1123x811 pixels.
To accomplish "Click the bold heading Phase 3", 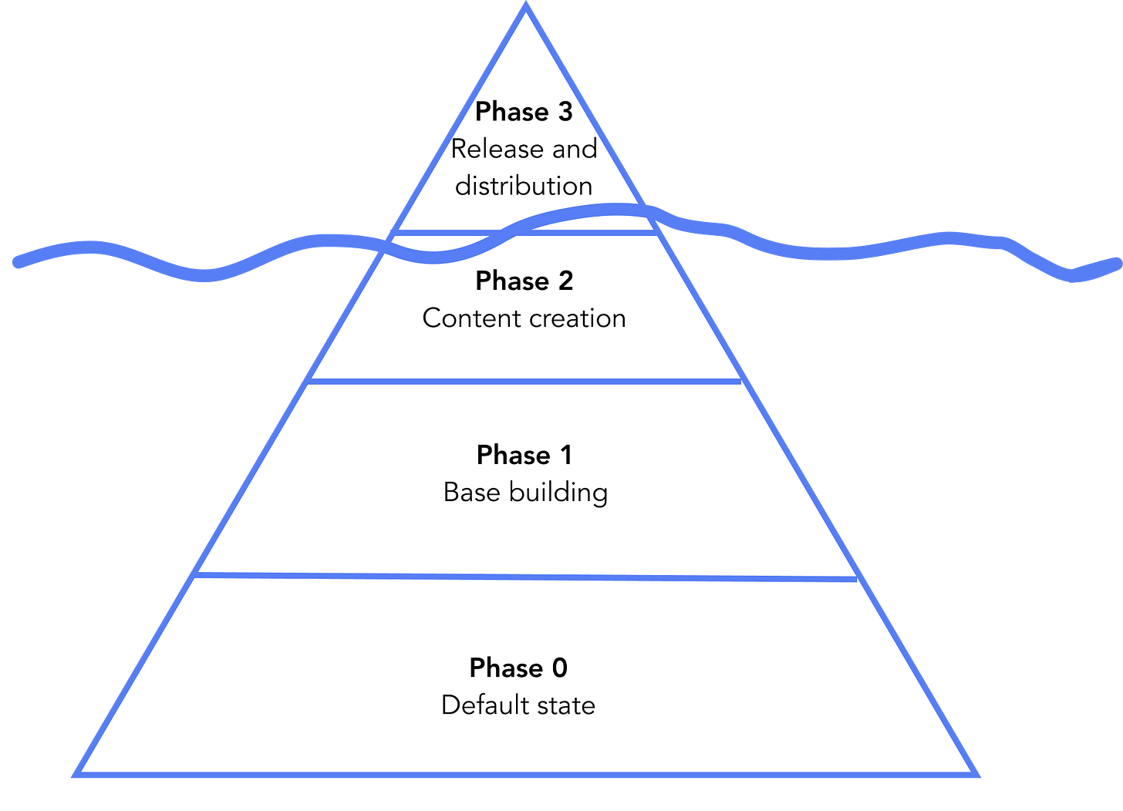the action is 524,111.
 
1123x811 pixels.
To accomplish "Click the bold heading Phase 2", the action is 524,280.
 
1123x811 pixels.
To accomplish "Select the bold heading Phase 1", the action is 524,455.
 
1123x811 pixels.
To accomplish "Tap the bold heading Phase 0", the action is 518,668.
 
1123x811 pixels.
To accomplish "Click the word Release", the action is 497,149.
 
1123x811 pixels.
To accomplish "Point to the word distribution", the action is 524,186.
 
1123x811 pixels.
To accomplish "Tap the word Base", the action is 472,492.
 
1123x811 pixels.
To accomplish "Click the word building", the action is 558,493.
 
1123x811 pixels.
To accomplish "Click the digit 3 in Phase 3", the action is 565,111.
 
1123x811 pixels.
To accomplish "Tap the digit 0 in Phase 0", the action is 559,668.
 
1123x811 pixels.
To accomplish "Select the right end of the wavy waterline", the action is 1117,264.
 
